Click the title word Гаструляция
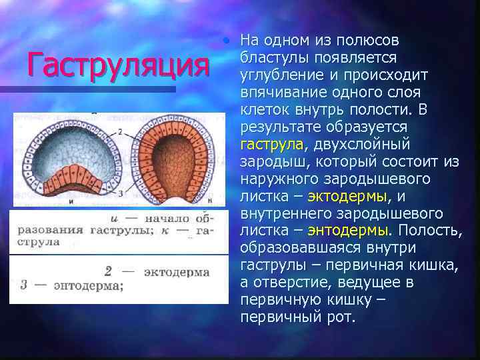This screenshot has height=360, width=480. [x=115, y=65]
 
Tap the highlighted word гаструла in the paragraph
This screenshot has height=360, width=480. [x=271, y=145]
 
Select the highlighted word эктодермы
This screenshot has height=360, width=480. [x=347, y=196]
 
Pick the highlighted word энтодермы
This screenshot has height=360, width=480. [x=347, y=231]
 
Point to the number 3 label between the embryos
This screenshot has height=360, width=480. [x=119, y=193]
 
